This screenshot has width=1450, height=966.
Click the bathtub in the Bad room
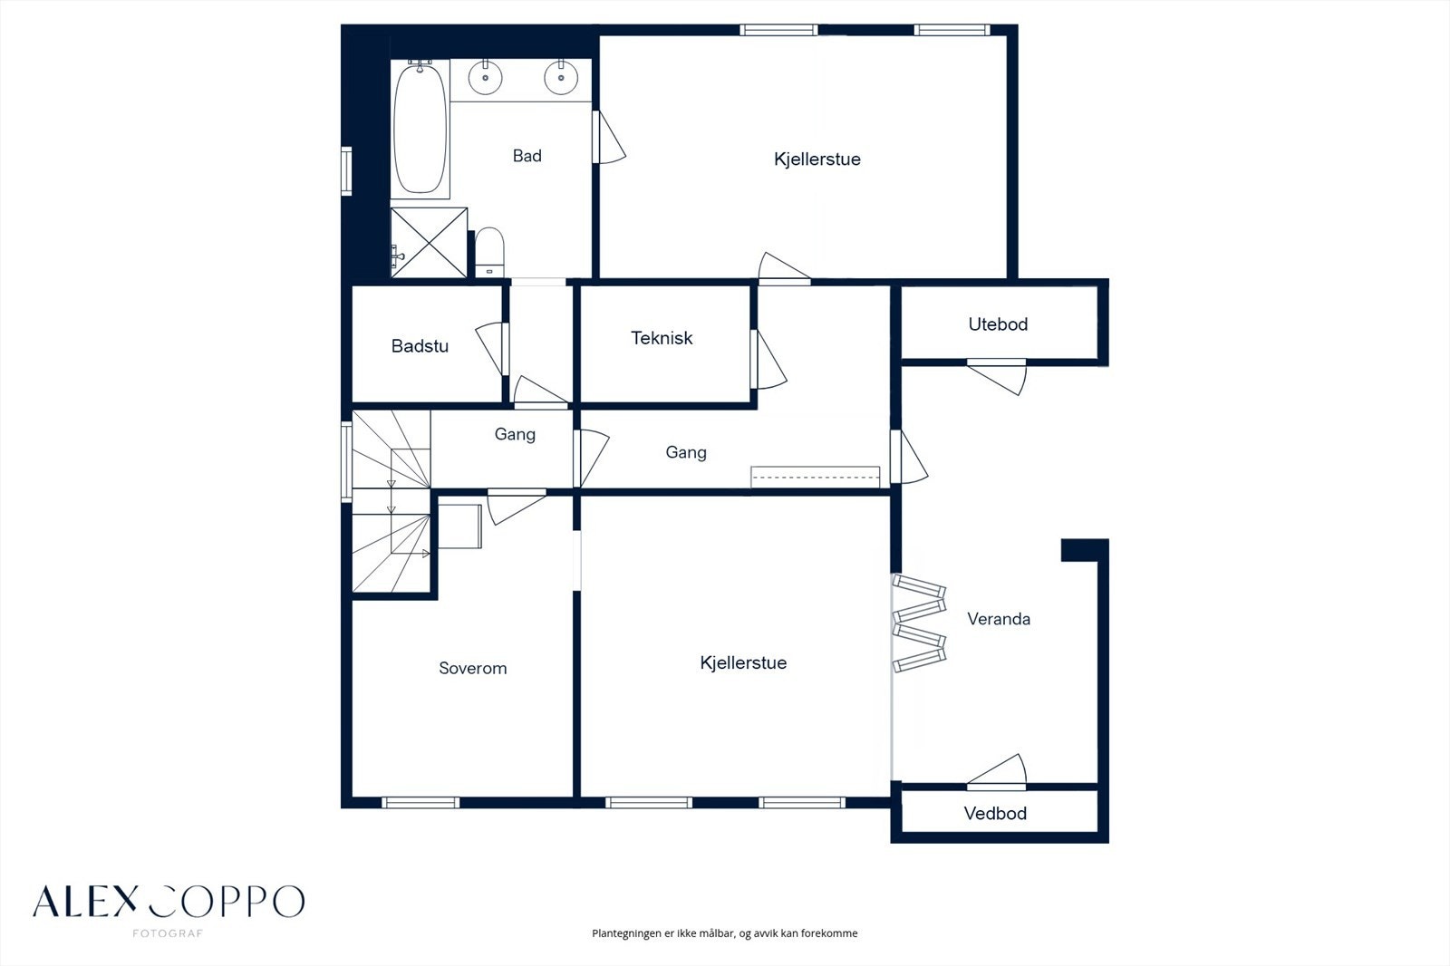tap(420, 128)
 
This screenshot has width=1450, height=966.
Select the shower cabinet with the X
tap(429, 243)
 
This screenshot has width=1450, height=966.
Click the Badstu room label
tap(420, 346)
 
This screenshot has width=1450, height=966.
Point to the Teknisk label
tap(662, 338)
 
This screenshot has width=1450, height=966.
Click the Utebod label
tap(998, 324)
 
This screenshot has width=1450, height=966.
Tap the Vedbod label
tap(995, 813)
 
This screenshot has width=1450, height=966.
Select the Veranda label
tap(999, 619)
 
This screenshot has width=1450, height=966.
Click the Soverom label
tap(472, 668)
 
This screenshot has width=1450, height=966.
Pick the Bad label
tap(527, 155)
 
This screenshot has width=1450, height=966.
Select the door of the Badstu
tap(493, 348)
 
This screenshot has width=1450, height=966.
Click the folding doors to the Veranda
tap(919, 623)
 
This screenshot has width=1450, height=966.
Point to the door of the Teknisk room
tap(768, 360)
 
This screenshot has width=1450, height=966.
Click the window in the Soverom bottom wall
tap(420, 803)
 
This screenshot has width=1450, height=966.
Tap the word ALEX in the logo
tap(85, 902)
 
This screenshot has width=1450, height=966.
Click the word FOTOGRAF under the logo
tap(168, 933)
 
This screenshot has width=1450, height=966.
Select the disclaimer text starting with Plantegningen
tap(724, 933)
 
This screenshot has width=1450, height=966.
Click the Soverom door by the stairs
tap(516, 507)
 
